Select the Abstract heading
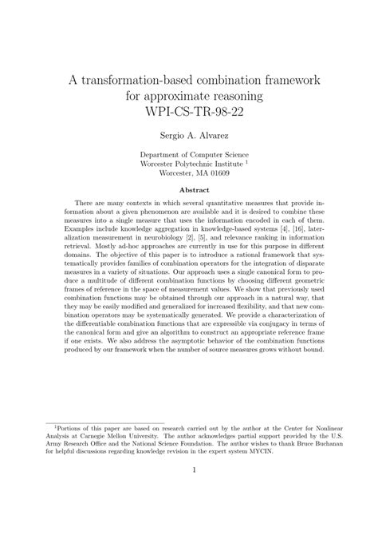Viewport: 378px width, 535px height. pyautogui.click(x=189, y=190)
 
